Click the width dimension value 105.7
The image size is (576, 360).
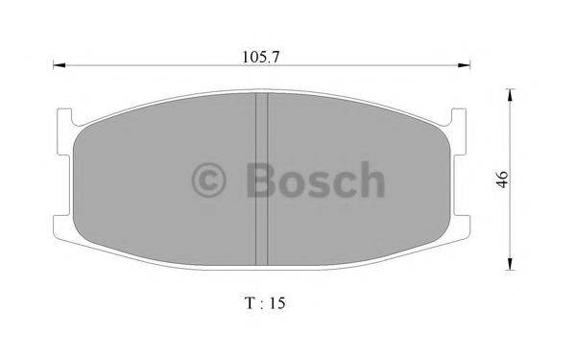pyautogui.click(x=262, y=56)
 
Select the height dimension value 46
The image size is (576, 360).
pyautogui.click(x=501, y=180)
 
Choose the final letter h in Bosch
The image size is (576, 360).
pyautogui.click(x=370, y=180)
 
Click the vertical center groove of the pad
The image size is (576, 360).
pyautogui.click(x=260, y=178)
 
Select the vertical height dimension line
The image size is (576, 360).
pyautogui.click(x=510, y=221)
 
